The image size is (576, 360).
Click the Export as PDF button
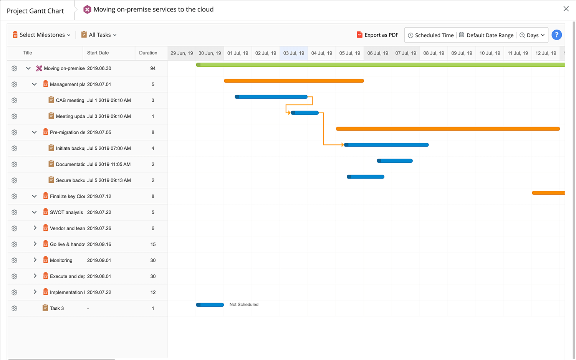(377, 35)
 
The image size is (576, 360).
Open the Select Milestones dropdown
(42, 35)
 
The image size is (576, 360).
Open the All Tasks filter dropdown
(99, 35)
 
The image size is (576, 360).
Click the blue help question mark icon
(556, 35)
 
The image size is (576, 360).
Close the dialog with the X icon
(566, 9)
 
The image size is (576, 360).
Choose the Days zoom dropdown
(532, 35)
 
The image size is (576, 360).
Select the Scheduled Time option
(430, 35)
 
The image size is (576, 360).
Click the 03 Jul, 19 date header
(294, 53)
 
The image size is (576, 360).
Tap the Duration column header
(148, 53)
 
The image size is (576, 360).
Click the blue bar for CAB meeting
(271, 97)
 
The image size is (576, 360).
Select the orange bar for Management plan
(294, 81)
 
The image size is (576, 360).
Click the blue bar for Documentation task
(395, 161)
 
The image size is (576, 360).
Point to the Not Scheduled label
(244, 305)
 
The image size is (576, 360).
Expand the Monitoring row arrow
(35, 260)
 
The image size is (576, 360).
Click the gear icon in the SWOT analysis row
(15, 212)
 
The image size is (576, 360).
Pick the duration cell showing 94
(153, 68)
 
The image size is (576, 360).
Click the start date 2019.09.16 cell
(99, 244)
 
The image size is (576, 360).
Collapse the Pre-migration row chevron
(34, 132)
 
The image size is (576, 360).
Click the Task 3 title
(57, 309)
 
